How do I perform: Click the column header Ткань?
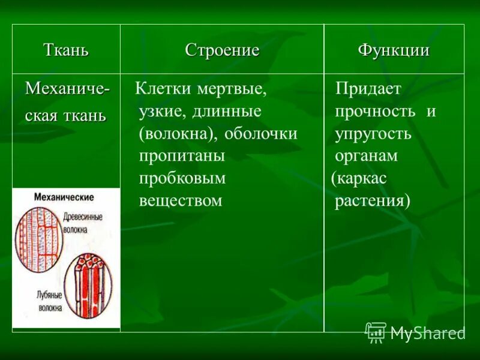pos(66,50)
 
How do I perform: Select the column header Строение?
pos(222,50)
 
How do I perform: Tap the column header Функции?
pos(394,50)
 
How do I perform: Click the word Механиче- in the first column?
pos(67,89)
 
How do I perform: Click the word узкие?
pos(160,112)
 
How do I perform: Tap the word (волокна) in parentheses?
pos(178,134)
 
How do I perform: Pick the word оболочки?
pos(261,134)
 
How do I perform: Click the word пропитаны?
pos(182,156)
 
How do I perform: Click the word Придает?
pos(368,89)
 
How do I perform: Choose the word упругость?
pos(373,134)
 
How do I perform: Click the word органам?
pos(367,156)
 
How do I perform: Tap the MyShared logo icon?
pos(376,332)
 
